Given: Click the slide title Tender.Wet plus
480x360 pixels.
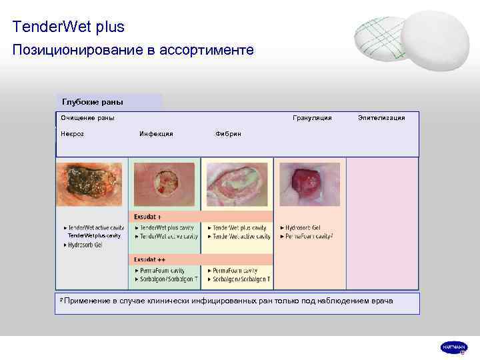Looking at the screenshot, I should pyautogui.click(x=68, y=27).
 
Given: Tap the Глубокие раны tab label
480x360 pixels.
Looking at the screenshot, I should pyautogui.click(x=92, y=102).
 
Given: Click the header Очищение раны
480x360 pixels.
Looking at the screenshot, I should pyautogui.click(x=87, y=118).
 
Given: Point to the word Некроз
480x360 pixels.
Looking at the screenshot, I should pyautogui.click(x=73, y=134).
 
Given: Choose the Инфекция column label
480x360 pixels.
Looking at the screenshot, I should pyautogui.click(x=156, y=134).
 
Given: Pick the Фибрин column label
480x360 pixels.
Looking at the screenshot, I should pyautogui.click(x=228, y=134).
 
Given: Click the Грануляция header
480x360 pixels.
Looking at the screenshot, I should pyautogui.click(x=312, y=118).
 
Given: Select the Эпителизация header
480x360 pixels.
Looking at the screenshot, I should pyautogui.click(x=381, y=118).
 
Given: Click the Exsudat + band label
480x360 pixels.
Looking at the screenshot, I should pyautogui.click(x=148, y=217).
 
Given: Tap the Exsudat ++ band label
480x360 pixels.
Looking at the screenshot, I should pyautogui.click(x=150, y=259).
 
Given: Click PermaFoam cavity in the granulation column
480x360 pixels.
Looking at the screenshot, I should pyautogui.click(x=308, y=236).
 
